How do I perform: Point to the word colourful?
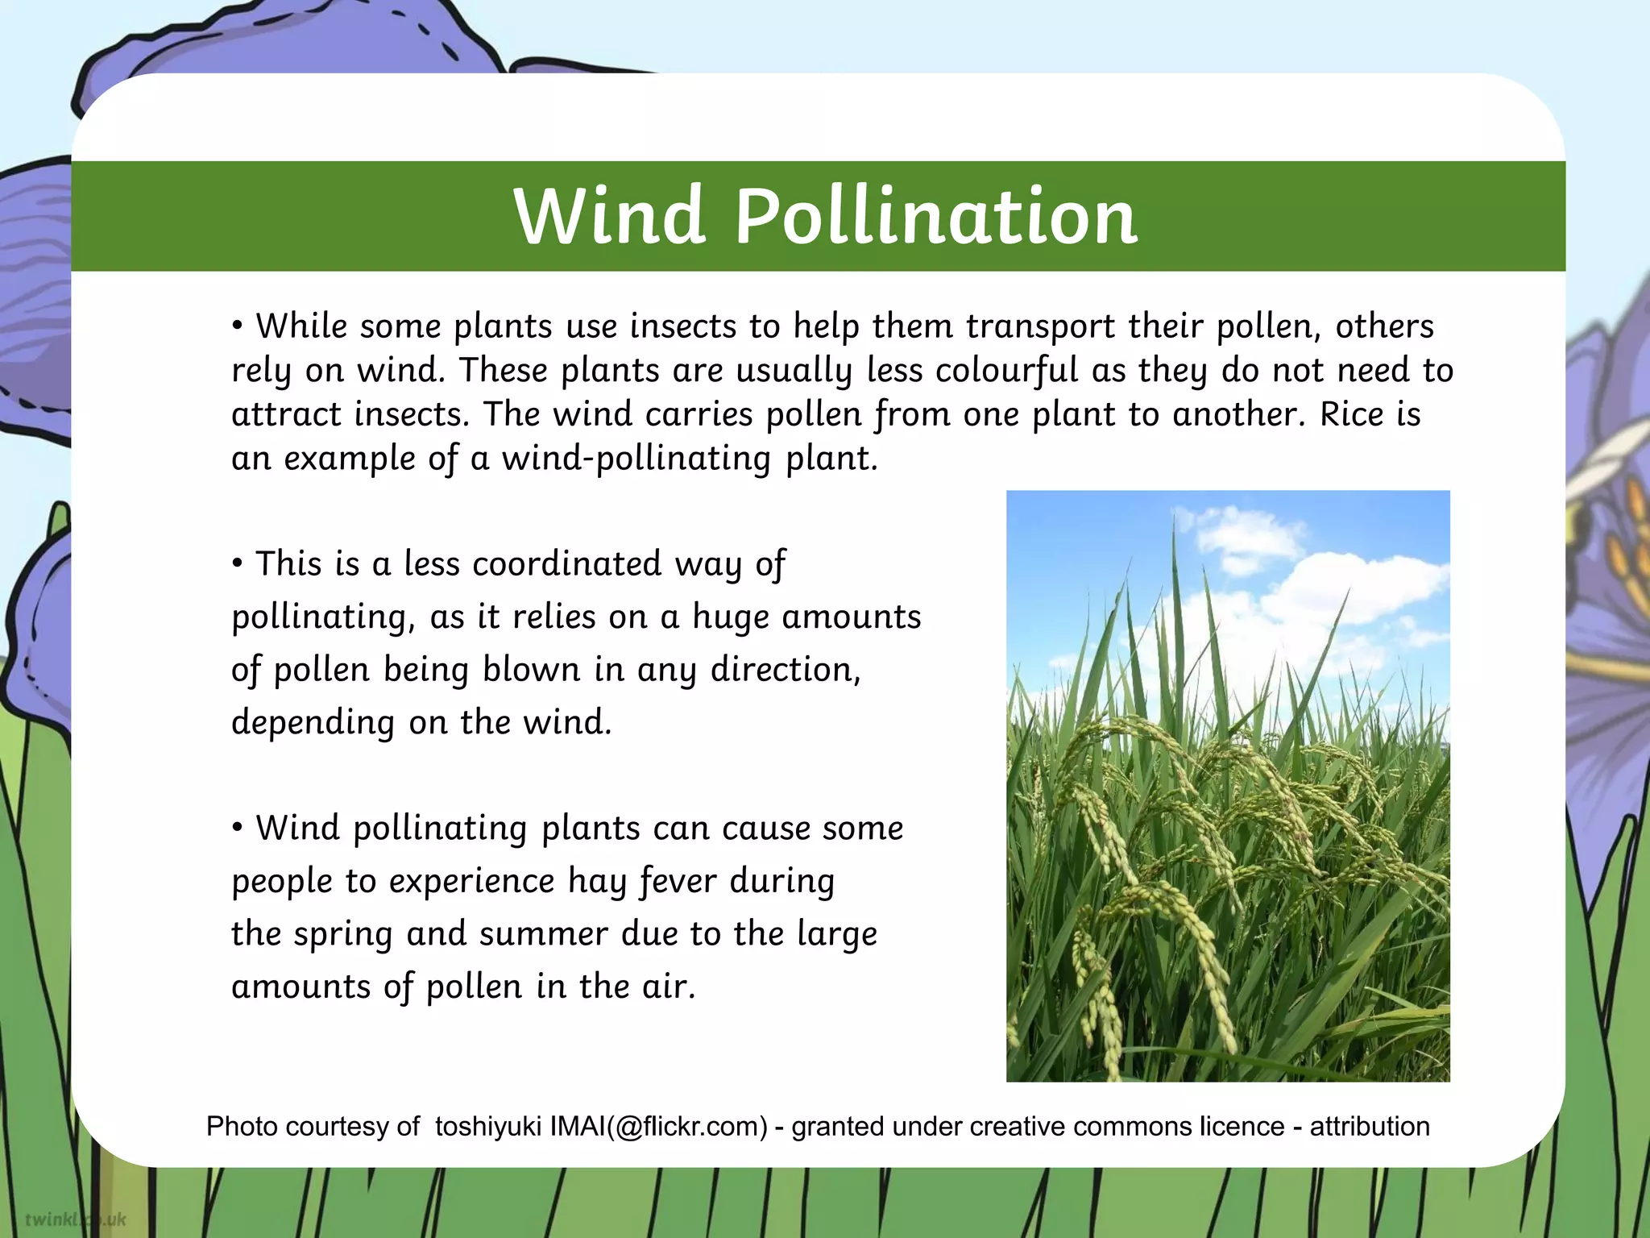1006,371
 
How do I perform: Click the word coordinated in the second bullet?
567,564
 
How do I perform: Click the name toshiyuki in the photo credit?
487,1126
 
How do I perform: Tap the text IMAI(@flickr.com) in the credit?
659,1126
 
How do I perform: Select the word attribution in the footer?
1369,1126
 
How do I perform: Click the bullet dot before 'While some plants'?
237,326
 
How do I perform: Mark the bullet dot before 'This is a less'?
237,563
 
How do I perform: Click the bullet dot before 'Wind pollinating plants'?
237,828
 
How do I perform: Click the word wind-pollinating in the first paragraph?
636,459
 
